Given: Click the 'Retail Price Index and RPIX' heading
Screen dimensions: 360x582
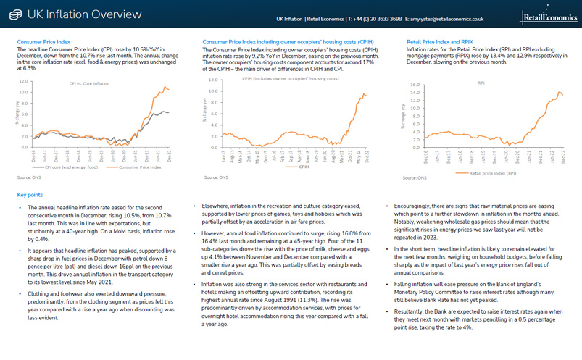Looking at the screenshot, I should [439, 43].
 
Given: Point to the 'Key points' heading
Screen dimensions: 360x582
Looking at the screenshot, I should [31, 194].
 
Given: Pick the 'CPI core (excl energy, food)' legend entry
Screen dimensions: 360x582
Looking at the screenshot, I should [62, 167].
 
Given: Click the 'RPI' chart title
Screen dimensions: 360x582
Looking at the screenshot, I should [481, 84].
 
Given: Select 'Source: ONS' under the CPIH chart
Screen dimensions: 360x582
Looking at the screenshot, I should [217, 177].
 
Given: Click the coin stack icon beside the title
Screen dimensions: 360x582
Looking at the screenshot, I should [14, 14].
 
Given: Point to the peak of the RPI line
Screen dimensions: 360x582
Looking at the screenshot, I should [559, 93].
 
